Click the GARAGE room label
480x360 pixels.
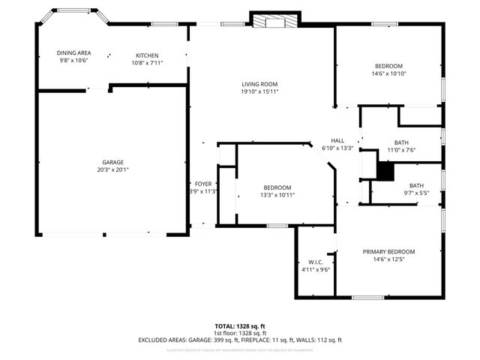pos(113,162)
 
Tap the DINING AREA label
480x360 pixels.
pos(73,53)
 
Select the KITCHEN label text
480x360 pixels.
pos(147,55)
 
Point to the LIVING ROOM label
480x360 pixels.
pos(259,84)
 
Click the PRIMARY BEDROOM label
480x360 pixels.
pos(388,252)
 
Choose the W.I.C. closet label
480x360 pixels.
pos(316,262)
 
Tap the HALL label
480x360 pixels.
pos(337,140)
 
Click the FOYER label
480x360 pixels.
pos(202,184)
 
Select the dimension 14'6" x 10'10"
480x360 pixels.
pos(388,73)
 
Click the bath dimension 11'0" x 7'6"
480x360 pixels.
pos(400,149)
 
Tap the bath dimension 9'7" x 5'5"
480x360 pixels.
pos(415,193)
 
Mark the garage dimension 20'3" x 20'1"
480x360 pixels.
pos(113,169)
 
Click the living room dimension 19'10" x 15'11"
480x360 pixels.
pos(259,91)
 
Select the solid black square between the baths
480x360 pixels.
pos(384,171)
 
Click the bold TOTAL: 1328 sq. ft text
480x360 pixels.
pos(240,326)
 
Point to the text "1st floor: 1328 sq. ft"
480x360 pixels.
pos(240,333)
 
